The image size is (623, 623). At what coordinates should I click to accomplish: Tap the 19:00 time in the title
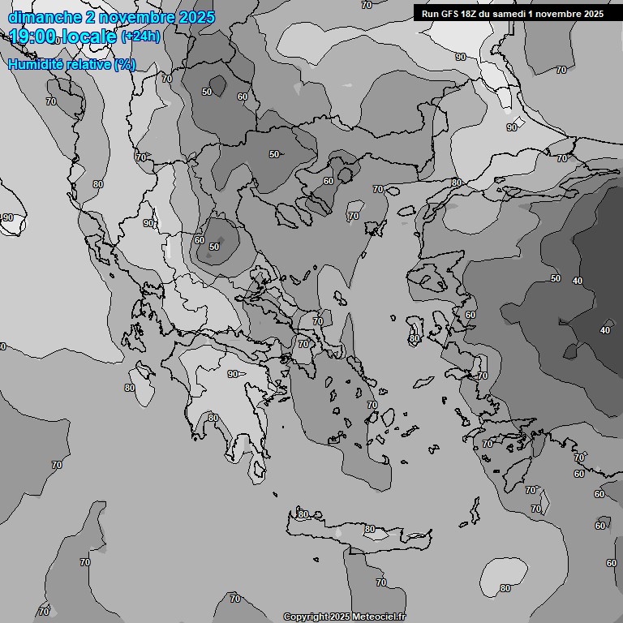[x=32, y=37]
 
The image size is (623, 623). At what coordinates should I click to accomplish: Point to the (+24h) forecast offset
[x=140, y=37]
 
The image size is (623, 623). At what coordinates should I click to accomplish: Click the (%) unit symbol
[x=124, y=64]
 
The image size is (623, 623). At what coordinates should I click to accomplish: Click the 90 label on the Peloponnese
[x=233, y=374]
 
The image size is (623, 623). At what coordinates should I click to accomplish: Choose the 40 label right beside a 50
[x=578, y=281]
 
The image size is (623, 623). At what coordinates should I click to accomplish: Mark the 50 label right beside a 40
[x=556, y=278]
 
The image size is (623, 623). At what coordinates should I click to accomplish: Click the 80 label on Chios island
[x=415, y=338]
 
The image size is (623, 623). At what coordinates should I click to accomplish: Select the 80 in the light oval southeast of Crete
[x=505, y=588]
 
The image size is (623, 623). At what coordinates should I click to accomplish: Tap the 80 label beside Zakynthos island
[x=130, y=388]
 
